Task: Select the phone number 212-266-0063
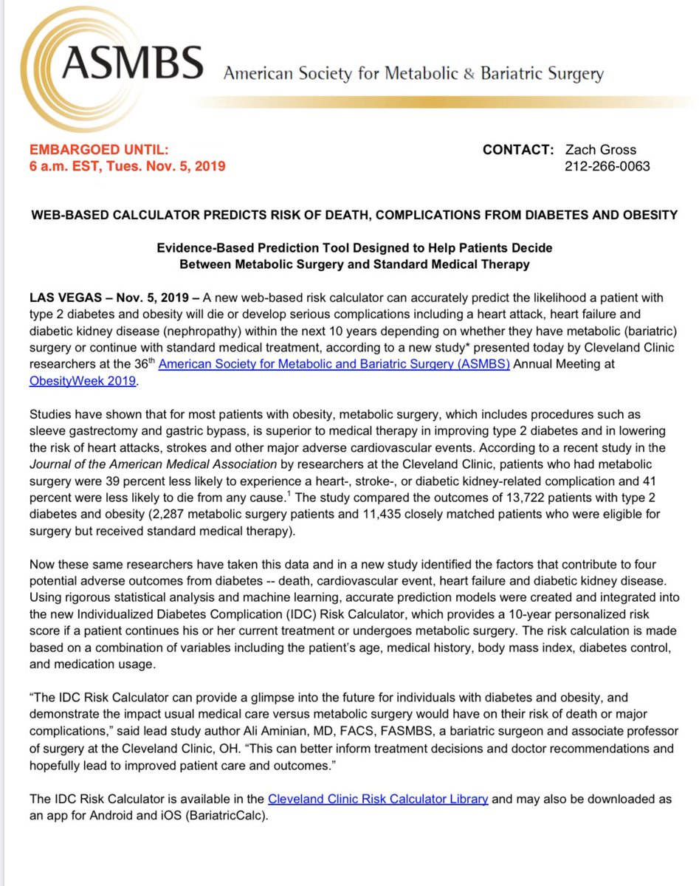coord(607,166)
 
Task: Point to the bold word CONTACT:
coord(517,150)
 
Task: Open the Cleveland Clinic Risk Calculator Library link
coord(378,799)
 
